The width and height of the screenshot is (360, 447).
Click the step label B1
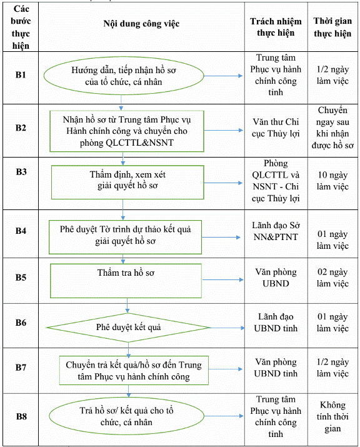pos(21,75)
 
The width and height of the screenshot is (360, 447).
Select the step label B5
pos(21,278)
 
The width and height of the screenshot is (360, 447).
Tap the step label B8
pos(21,416)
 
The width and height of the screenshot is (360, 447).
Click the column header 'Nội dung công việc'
pos(141,24)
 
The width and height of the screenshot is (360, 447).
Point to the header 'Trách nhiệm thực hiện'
pos(276,27)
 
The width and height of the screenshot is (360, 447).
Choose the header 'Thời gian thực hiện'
pos(332,27)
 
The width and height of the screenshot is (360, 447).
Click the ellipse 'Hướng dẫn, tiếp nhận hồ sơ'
pos(124,76)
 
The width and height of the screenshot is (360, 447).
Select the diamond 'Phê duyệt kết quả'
pos(128,328)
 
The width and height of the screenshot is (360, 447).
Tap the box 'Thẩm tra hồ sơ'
pos(126,281)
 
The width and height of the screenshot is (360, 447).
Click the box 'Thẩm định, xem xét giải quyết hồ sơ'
pos(127,182)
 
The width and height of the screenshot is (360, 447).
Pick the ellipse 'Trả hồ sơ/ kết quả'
pos(126,416)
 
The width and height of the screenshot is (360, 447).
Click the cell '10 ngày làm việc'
pos(332,181)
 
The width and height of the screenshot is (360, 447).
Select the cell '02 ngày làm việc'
pos(332,278)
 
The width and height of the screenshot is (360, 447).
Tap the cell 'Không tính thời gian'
pos(332,417)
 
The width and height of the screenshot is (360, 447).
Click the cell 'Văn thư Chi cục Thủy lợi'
pos(276,128)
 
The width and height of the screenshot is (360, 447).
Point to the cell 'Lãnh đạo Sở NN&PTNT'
pos(276,231)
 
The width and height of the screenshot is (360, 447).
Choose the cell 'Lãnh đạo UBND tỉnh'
pos(276,323)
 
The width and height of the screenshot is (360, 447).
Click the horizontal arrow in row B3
pos(223,183)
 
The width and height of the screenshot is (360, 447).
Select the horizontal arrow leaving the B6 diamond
pos(227,328)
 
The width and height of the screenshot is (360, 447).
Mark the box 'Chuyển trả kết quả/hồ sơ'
pos(134,370)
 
